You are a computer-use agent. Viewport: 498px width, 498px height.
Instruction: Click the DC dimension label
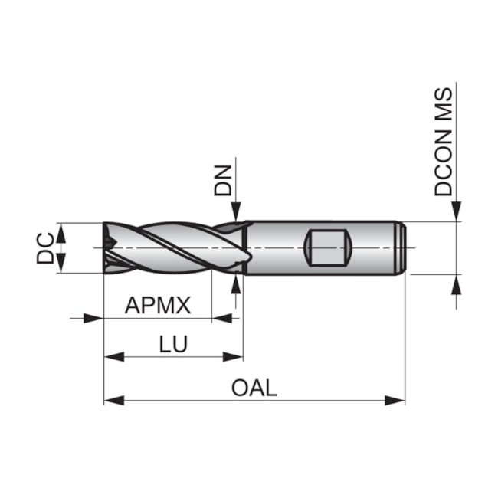45,247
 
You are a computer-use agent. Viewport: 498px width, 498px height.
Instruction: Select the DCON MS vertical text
444,141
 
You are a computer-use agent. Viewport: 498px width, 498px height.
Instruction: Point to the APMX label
157,306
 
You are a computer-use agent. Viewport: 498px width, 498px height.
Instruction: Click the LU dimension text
174,345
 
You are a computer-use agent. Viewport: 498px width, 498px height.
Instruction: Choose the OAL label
254,388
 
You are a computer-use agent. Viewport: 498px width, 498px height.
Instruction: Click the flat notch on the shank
328,247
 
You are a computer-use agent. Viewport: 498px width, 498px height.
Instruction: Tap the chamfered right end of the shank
401,247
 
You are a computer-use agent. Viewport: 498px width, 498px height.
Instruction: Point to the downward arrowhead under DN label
236,211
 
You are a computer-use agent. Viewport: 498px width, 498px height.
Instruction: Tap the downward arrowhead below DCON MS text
457,212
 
